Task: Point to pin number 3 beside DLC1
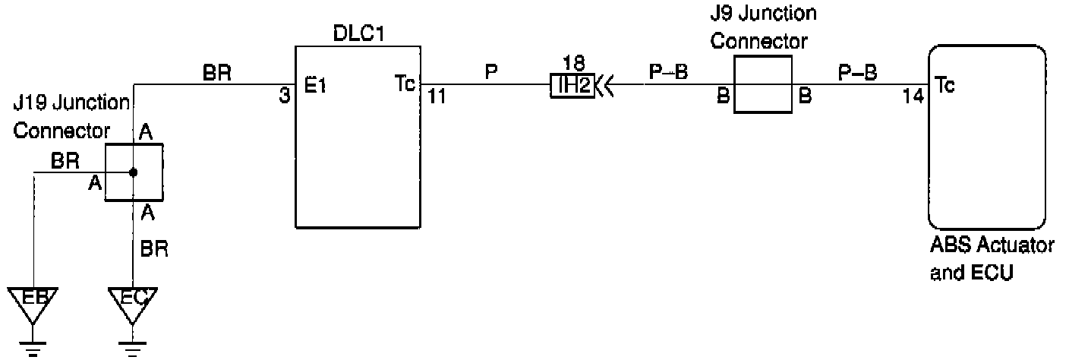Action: (x=285, y=98)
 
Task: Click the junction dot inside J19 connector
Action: (x=133, y=173)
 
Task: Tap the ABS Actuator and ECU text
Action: (x=990, y=260)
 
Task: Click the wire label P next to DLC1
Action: (x=490, y=72)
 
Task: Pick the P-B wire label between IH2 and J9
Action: (x=668, y=72)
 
